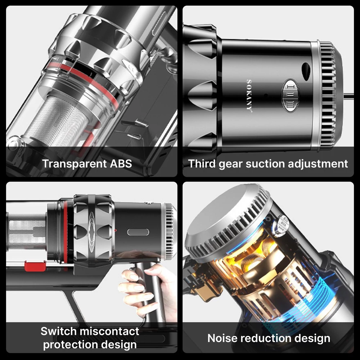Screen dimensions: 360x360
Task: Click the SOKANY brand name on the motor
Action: click(249, 96)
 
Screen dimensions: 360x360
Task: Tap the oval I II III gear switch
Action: click(291, 95)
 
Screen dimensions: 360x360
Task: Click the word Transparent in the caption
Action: click(75, 164)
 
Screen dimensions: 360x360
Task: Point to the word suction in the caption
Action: click(265, 164)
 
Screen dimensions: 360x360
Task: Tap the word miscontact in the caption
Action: click(109, 331)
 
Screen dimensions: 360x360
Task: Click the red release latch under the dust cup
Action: click(35, 266)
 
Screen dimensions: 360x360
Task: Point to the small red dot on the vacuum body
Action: click(116, 230)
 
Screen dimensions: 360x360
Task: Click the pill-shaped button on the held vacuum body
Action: click(138, 232)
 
